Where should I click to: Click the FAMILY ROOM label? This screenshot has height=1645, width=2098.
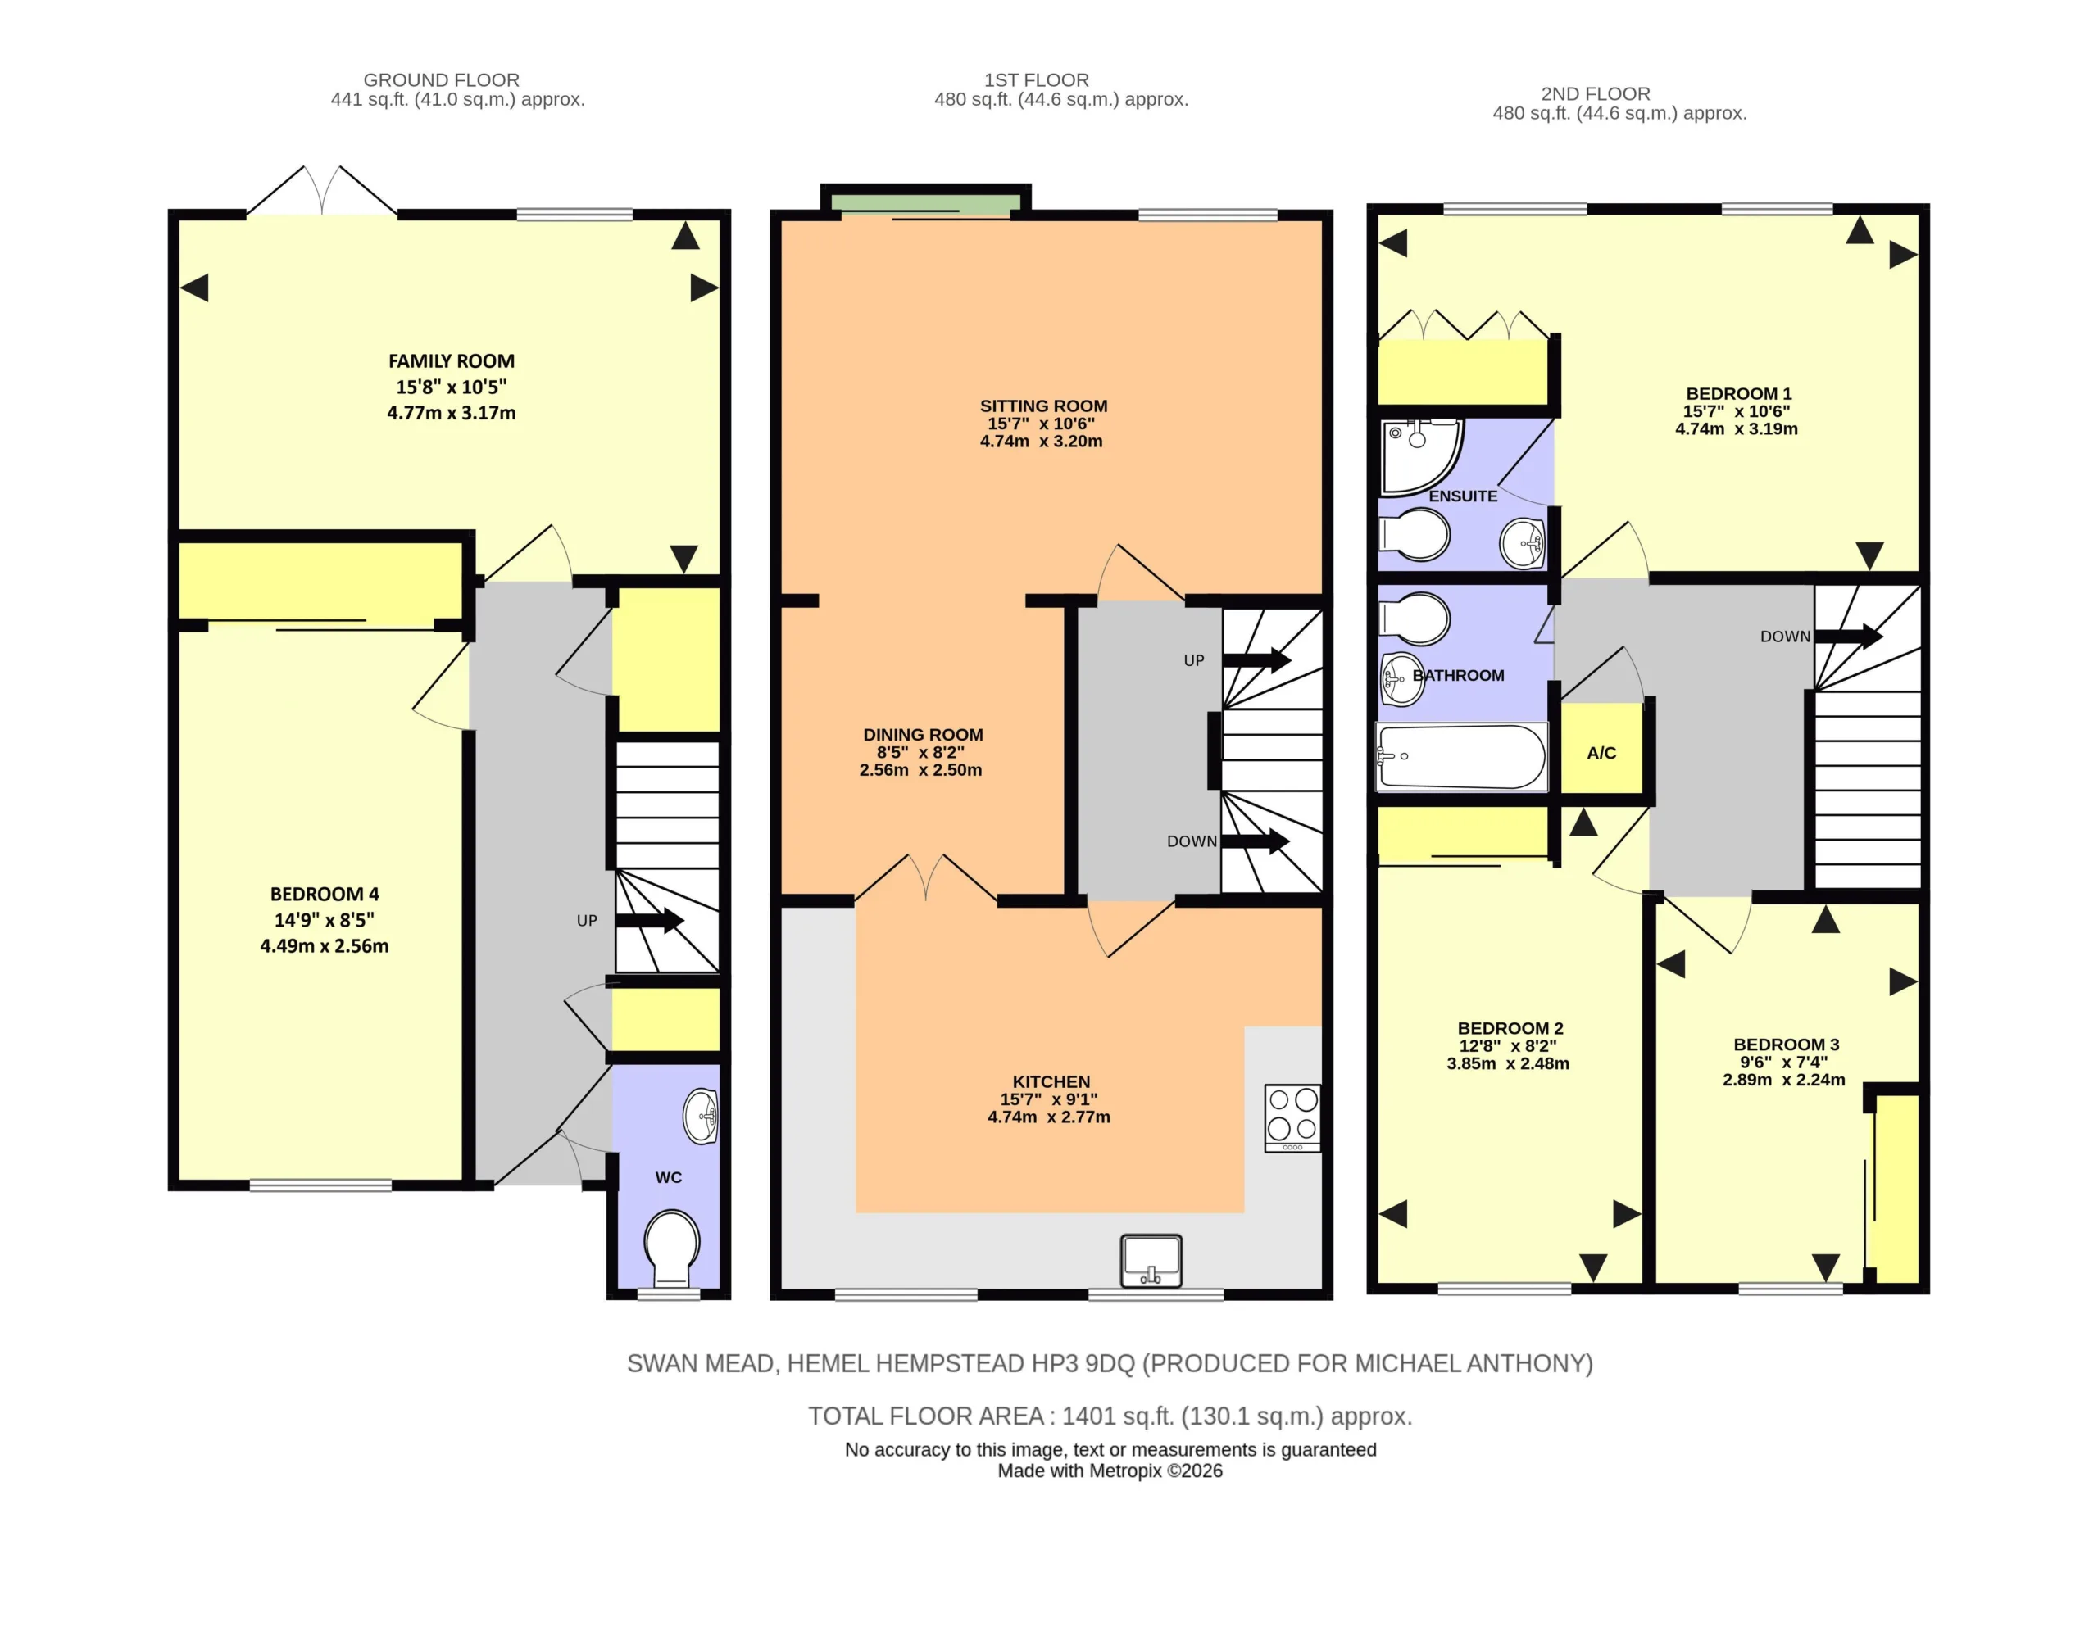451,361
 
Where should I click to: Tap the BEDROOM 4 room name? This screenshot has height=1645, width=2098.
325,894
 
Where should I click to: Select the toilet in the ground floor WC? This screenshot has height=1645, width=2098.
671,1249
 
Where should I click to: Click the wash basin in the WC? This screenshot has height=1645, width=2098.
701,1117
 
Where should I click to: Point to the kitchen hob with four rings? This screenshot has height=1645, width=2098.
1292,1118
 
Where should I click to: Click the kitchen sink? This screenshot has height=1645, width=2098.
1151,1261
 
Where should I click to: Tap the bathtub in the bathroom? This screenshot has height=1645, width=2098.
1461,757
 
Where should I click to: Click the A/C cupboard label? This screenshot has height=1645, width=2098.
1601,753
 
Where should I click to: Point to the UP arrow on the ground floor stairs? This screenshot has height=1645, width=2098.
649,921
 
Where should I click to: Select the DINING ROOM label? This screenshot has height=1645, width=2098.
923,735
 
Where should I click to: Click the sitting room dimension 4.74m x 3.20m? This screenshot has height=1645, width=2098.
1042,441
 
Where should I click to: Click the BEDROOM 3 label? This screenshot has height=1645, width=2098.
1786,1045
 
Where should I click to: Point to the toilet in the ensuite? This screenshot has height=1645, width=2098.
1414,534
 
